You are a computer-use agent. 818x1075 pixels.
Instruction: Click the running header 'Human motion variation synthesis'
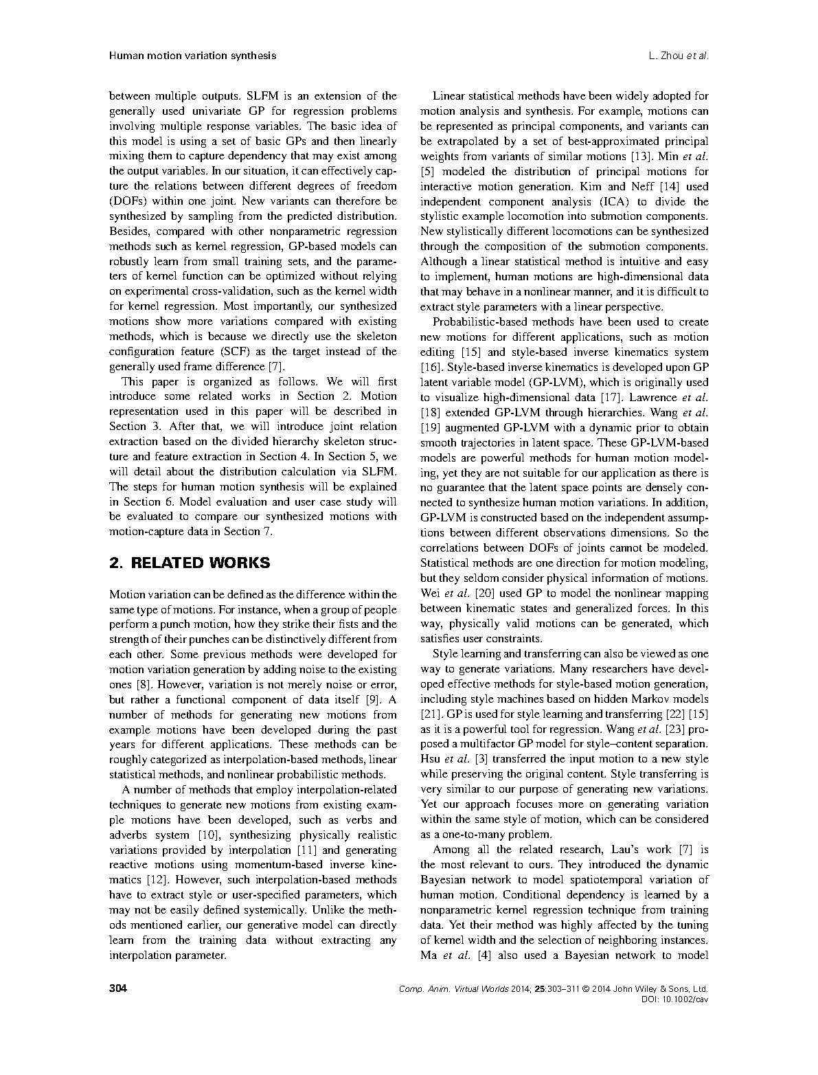click(x=192, y=56)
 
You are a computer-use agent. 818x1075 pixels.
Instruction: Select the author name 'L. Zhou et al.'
click(x=678, y=56)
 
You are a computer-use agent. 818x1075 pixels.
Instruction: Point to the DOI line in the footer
click(x=674, y=999)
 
